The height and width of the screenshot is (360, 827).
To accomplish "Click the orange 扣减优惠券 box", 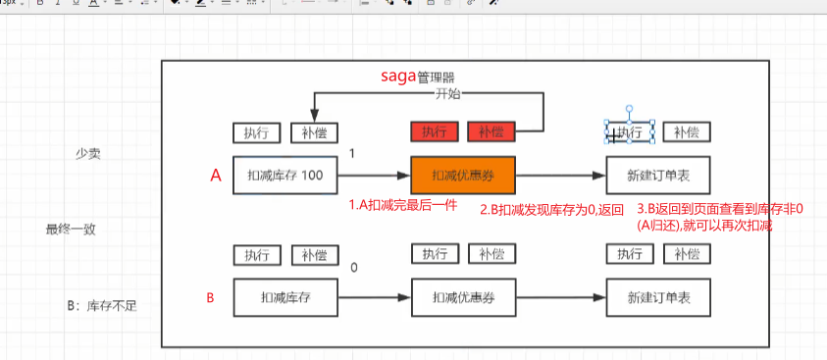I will tap(461, 177).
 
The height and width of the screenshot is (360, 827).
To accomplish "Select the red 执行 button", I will tap(433, 132).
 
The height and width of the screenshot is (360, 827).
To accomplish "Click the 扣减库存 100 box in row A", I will tap(284, 177).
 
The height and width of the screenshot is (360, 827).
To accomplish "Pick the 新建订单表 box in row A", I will tap(658, 177).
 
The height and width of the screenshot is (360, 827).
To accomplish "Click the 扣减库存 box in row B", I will tap(284, 297).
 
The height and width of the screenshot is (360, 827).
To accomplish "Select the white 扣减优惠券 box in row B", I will tap(461, 297).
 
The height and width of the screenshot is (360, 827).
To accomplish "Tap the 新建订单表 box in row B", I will tap(658, 297).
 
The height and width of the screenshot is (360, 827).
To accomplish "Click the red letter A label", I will tap(217, 176).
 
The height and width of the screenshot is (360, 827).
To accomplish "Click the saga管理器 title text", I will tap(417, 77).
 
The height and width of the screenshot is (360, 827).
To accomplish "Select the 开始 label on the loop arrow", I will tap(447, 94).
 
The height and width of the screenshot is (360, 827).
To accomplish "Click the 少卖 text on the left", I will tap(89, 155).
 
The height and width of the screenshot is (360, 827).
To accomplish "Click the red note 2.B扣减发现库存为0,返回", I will tap(551, 210).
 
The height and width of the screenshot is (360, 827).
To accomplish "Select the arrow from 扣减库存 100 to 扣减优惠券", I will tap(374, 177).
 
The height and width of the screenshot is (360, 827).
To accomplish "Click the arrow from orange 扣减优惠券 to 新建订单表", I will tap(560, 177).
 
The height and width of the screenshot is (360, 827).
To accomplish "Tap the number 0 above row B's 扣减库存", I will tap(353, 267).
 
